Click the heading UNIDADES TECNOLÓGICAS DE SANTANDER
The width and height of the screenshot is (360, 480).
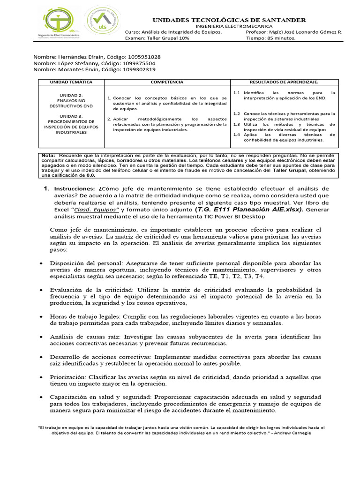(x=229, y=20)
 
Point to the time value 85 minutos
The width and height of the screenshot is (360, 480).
(x=280, y=38)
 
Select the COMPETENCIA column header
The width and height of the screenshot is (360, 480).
(x=166, y=82)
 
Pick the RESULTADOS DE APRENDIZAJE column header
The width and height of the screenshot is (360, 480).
(x=284, y=82)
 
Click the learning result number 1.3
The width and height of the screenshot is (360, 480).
(x=237, y=125)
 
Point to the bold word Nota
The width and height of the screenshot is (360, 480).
(x=48, y=155)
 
